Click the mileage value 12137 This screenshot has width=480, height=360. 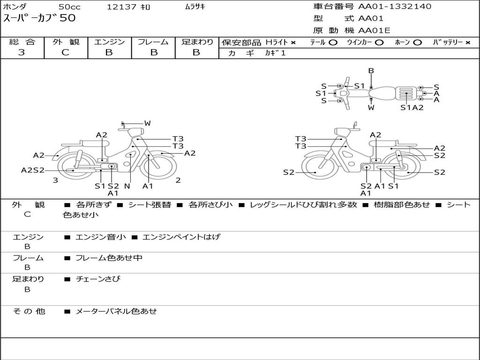[x=121, y=7]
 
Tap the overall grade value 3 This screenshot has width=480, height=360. [x=22, y=52]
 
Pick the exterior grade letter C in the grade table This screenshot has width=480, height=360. [x=65, y=52]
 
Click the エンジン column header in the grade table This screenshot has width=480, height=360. [x=109, y=42]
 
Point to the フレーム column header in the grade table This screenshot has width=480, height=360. [x=153, y=42]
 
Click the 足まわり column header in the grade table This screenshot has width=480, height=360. [x=197, y=42]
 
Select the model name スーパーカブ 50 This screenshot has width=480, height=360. [x=39, y=19]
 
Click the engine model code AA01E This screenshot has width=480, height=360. [x=375, y=31]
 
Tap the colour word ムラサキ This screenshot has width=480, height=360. [x=195, y=7]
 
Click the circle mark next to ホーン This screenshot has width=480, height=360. [x=418, y=43]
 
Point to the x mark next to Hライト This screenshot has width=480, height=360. [x=293, y=43]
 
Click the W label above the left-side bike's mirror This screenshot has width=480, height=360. [x=147, y=123]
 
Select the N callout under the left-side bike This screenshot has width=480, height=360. [x=127, y=186]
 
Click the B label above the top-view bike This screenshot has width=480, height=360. [x=371, y=71]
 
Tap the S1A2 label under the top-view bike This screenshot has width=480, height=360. [x=412, y=108]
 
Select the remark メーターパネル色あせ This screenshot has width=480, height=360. [x=116, y=311]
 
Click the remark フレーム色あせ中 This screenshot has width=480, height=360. [x=109, y=258]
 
